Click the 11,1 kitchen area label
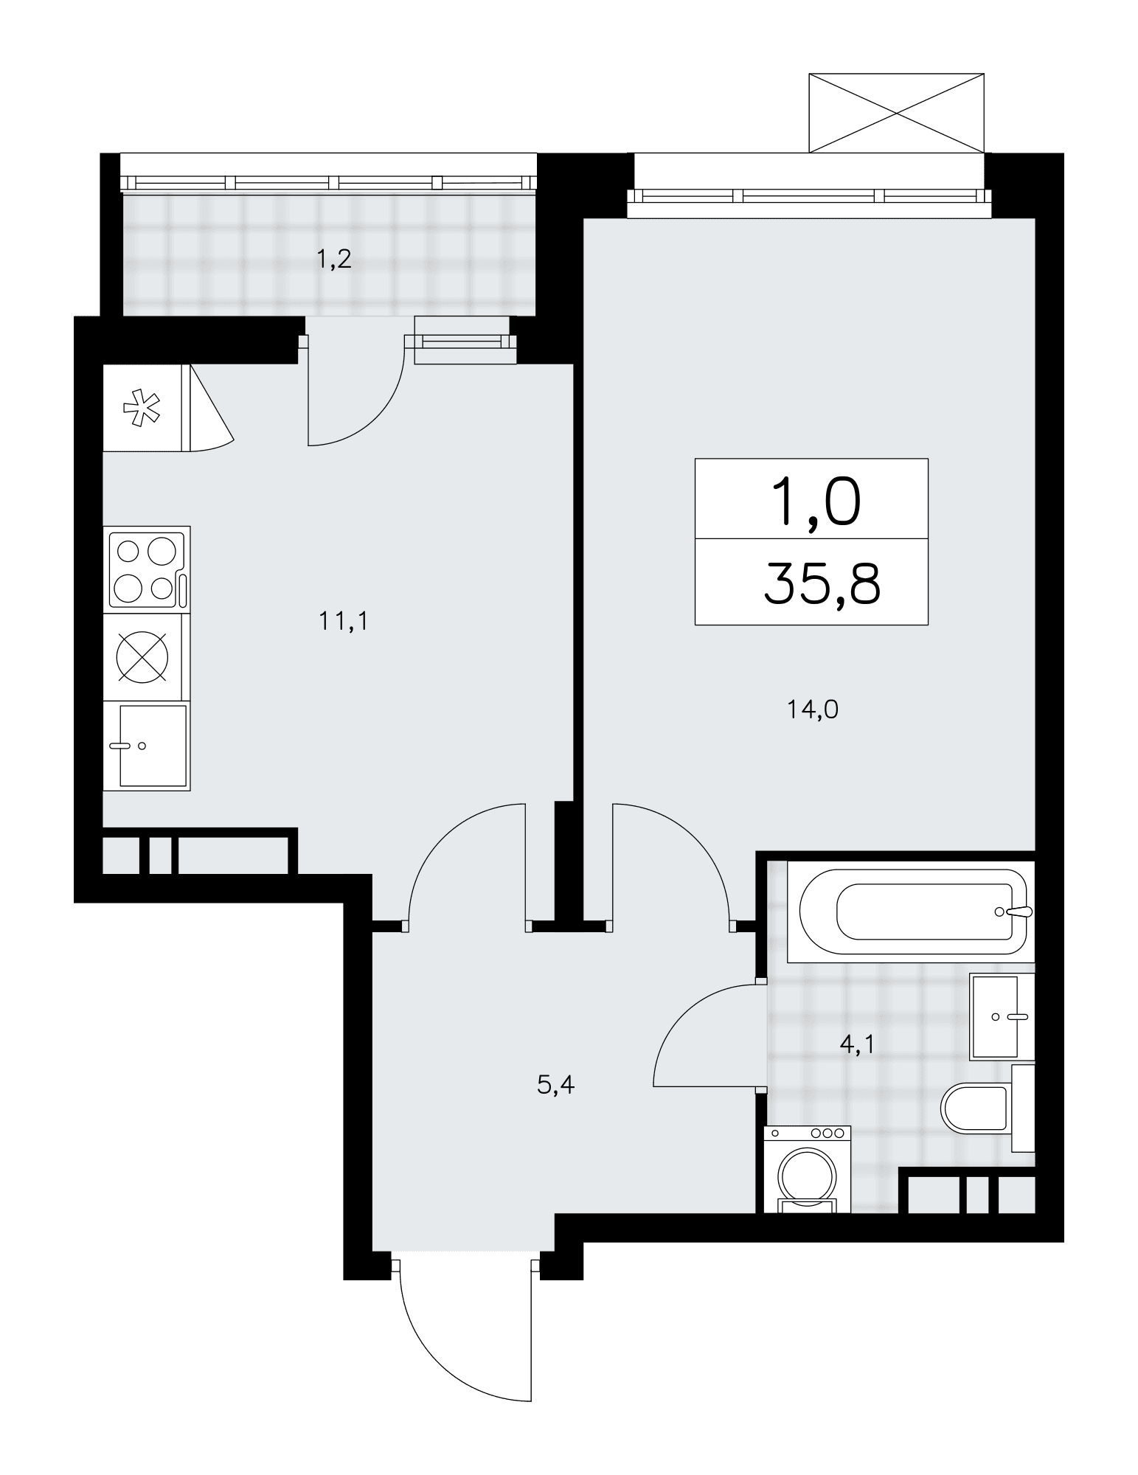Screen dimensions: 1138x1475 [x=343, y=622]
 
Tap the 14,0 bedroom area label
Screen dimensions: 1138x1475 [x=812, y=710]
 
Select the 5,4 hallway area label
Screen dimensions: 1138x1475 [x=556, y=1085]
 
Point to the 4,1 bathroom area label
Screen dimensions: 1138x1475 [x=856, y=1044]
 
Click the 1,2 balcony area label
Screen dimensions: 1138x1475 [x=334, y=260]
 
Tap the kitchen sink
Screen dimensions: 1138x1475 [x=147, y=746]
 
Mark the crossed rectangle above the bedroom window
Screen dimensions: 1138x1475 [x=896, y=113]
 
